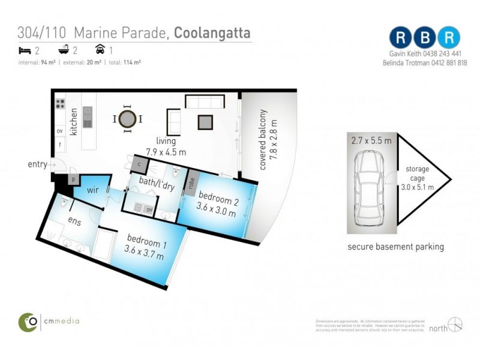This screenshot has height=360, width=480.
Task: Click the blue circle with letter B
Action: [x=424, y=37]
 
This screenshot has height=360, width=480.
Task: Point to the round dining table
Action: [x=127, y=119]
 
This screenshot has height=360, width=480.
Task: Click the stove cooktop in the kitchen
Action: [x=61, y=103]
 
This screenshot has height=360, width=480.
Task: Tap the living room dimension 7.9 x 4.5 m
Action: [x=166, y=152]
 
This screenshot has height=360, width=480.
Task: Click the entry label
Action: [x=37, y=164]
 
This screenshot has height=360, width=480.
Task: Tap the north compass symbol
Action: [x=455, y=325]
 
